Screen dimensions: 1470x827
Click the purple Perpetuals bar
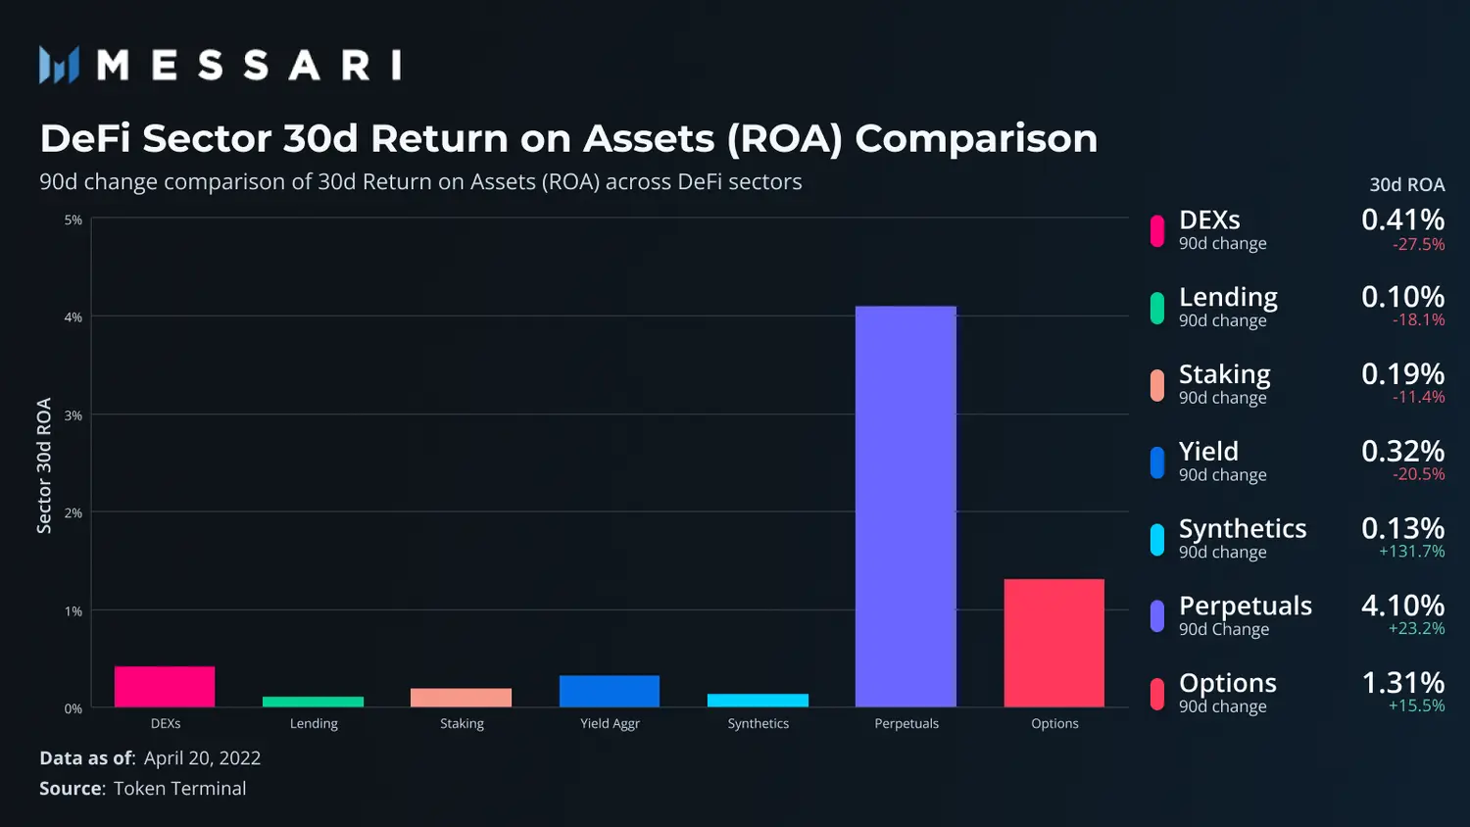906,506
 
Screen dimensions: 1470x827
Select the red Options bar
1053,643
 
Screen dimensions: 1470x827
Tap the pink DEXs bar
165,687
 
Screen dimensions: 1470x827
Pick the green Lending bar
313,702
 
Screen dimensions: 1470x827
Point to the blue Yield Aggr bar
609,691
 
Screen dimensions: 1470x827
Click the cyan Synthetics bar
758,701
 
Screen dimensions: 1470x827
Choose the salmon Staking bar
462,698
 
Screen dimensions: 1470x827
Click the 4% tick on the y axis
73,317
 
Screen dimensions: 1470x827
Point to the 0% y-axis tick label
73,708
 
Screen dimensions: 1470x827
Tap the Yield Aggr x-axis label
610,723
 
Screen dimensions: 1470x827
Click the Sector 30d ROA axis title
44,465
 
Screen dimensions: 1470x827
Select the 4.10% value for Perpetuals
1403,606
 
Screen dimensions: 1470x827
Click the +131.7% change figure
1411,551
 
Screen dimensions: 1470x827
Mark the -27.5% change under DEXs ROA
1418,244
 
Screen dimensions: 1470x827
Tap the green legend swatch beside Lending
1157,308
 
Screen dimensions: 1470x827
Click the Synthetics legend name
1243,528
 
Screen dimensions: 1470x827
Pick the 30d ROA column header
1407,185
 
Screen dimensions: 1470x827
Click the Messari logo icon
59,65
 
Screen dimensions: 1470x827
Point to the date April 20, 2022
202,758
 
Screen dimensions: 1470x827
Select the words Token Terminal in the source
179,788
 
